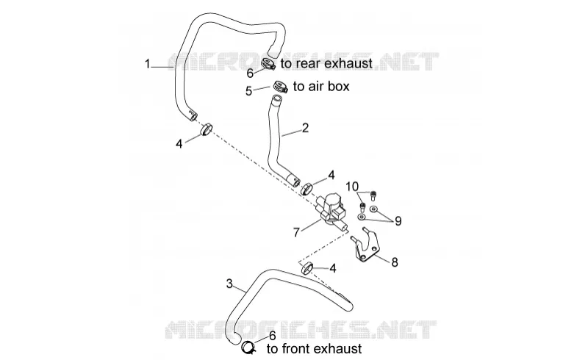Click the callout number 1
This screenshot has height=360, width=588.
[148, 64]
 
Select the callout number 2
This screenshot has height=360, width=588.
[305, 128]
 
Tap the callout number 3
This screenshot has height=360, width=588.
[229, 284]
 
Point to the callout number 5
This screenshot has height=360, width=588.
[249, 91]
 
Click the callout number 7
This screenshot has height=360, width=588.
[296, 233]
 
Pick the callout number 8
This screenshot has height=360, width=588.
[394, 262]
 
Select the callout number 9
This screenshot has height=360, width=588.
[398, 221]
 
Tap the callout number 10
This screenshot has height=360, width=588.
[352, 187]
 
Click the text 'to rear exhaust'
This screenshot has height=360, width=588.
[326, 63]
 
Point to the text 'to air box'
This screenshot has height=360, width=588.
[321, 86]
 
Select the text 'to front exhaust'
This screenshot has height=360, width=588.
[315, 349]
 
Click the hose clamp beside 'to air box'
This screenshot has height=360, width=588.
[280, 86]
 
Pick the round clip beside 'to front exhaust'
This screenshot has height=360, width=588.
[248, 348]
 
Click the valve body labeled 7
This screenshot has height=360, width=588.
[331, 210]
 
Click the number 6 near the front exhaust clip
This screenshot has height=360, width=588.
[272, 336]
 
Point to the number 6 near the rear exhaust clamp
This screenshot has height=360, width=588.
[250, 73]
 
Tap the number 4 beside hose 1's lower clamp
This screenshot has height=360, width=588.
[179, 143]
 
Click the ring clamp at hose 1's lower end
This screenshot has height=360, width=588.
[207, 130]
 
